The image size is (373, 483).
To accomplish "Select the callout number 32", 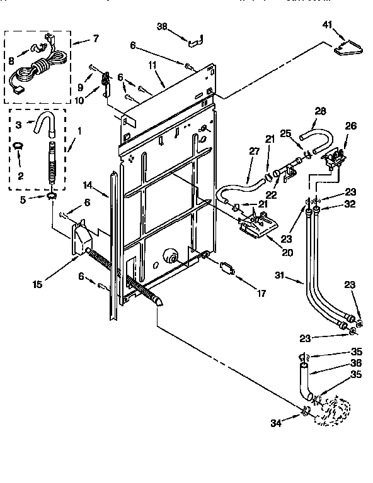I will click(x=351, y=204).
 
